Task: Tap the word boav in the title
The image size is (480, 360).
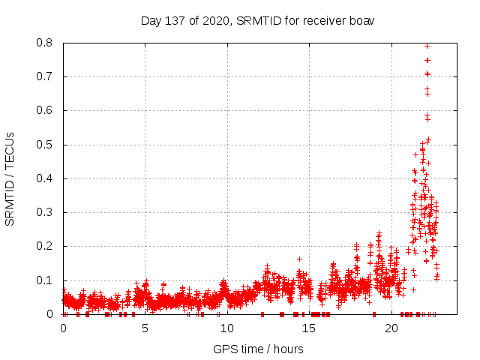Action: [x=360, y=20]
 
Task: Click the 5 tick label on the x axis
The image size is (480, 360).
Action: [x=145, y=328]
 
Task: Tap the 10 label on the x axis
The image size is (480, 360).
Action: [x=227, y=328]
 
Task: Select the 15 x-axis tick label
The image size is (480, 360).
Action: [x=310, y=328]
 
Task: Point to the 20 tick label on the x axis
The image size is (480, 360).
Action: [x=391, y=328]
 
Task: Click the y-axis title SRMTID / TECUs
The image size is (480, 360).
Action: [x=10, y=178]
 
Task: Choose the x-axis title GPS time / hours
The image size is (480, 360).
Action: [x=258, y=349]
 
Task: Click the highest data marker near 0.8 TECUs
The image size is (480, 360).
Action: [x=427, y=46]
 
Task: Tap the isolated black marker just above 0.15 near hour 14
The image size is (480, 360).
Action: [x=299, y=259]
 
